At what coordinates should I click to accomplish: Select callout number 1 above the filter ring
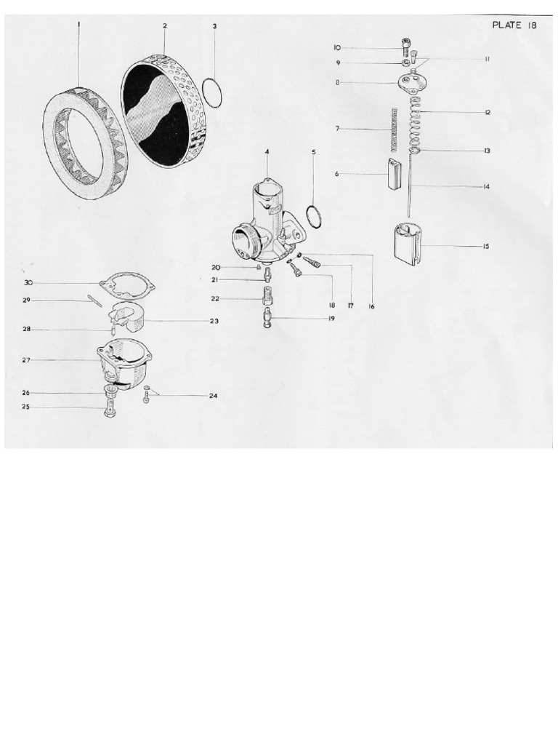(78, 25)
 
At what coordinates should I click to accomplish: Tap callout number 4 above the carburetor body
(267, 151)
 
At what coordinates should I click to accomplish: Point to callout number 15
(485, 247)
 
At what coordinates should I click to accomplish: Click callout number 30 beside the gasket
(28, 282)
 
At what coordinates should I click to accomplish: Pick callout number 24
(213, 397)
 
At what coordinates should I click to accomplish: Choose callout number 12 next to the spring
(488, 112)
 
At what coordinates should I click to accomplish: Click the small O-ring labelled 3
(211, 92)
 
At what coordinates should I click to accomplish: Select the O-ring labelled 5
(315, 216)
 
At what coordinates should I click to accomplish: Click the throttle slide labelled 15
(408, 244)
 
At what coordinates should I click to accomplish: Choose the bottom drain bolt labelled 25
(110, 410)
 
